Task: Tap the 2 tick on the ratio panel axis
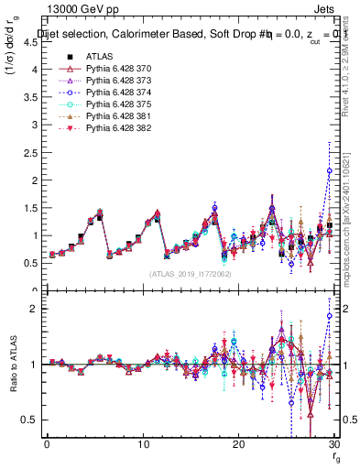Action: tap(35, 309)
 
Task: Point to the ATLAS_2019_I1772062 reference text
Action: tap(190, 274)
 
